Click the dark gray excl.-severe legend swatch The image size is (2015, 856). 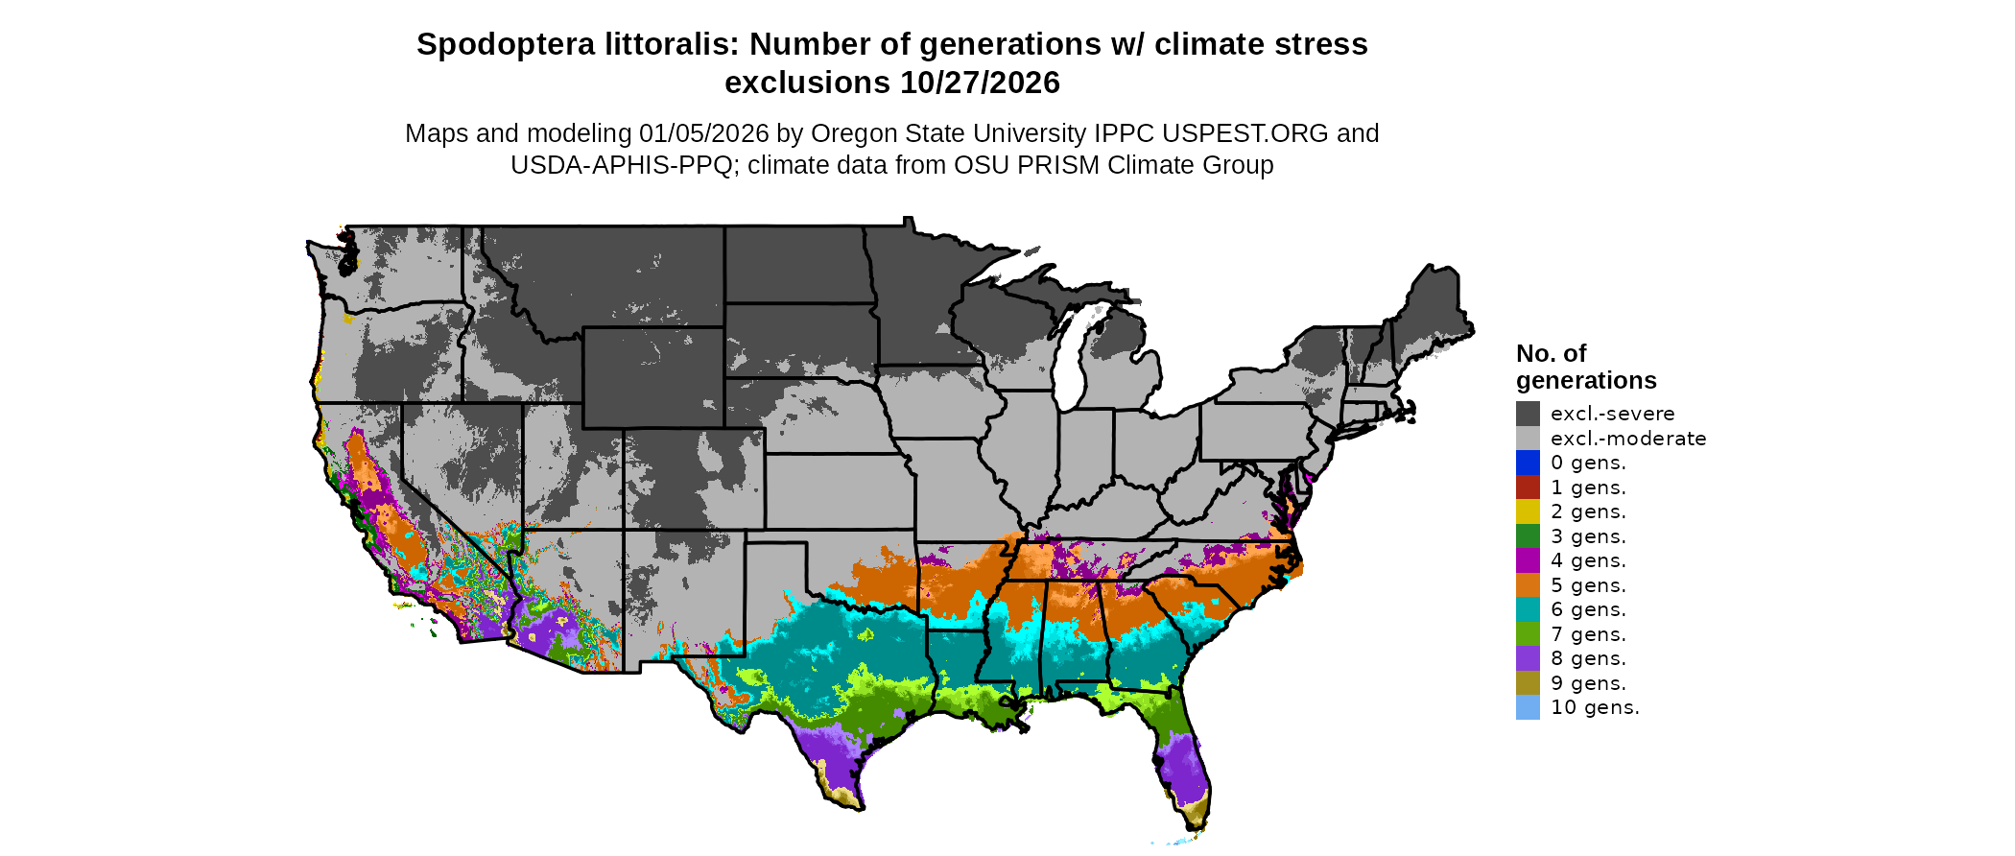tap(1528, 414)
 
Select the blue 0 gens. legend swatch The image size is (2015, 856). tap(1528, 463)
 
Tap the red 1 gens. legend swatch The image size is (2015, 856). tap(1528, 487)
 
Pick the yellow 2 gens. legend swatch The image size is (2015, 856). tap(1528, 511)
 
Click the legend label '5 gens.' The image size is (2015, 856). tap(1588, 585)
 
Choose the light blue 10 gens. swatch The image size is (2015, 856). tap(1528, 707)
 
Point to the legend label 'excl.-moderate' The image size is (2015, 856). tap(1627, 439)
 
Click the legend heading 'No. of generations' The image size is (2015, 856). tap(1585, 367)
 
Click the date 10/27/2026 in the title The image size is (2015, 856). tap(980, 83)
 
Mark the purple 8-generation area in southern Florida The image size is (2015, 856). tap(1186, 768)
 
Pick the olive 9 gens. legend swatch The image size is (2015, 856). tap(1528, 683)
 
